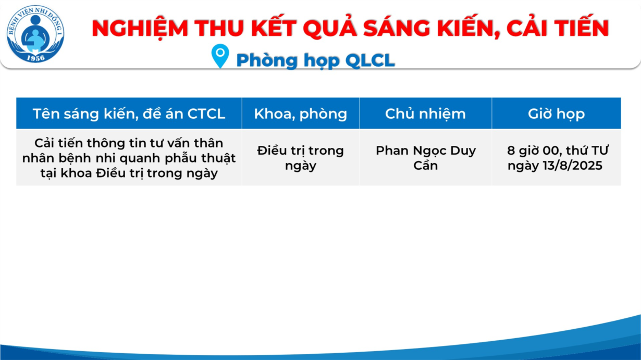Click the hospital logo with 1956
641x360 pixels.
click(35, 34)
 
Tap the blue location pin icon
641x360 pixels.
click(220, 56)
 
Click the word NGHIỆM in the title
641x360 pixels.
click(140, 28)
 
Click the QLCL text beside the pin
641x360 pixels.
click(370, 60)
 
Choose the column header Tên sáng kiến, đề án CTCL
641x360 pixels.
click(129, 114)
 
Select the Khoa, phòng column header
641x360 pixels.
click(301, 114)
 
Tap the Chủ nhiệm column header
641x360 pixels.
click(425, 114)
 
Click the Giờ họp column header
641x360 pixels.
click(556, 114)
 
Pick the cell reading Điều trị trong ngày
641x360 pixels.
click(301, 158)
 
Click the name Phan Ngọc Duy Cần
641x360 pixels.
click(426, 158)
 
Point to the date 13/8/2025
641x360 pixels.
click(573, 166)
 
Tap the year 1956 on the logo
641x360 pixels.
click(36, 58)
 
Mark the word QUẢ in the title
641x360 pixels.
click(330, 28)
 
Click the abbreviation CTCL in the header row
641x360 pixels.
click(206, 114)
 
